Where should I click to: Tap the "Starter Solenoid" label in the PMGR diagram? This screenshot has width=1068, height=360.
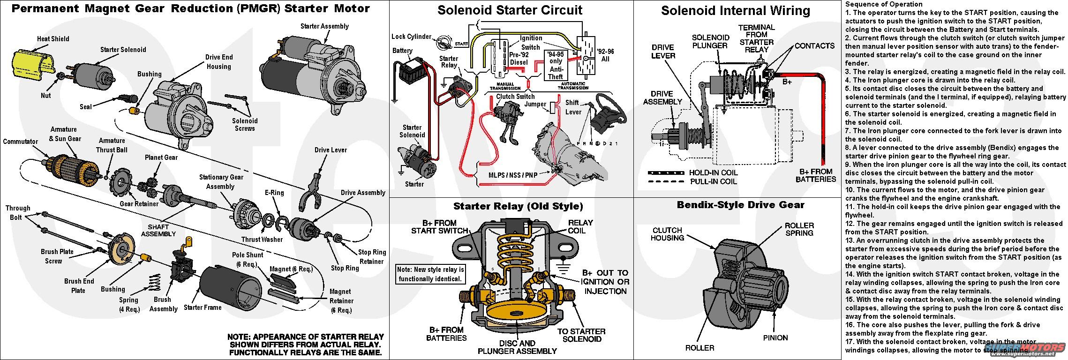tap(123, 50)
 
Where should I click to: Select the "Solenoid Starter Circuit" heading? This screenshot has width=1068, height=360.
tap(510, 10)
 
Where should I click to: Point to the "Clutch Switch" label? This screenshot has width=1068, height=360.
tap(515, 97)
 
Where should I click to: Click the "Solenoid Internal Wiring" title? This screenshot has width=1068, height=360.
tap(735, 11)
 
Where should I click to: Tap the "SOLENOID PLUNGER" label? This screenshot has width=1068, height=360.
tap(710, 41)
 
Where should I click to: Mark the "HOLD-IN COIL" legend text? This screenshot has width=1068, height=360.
tap(713, 172)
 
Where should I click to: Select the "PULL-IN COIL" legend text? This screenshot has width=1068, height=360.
tap(713, 181)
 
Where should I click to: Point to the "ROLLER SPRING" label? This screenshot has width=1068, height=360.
tap(799, 229)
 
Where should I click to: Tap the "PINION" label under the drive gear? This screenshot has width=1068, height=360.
tap(775, 337)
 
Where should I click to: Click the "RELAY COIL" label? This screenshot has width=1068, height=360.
tap(580, 227)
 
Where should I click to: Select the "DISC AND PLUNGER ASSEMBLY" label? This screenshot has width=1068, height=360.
tap(517, 347)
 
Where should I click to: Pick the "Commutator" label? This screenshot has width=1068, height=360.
tap(20, 142)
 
